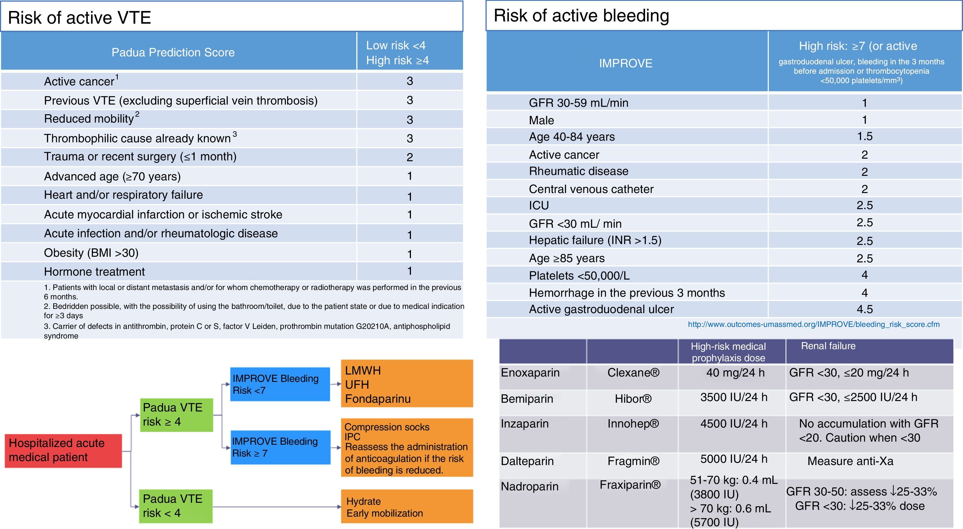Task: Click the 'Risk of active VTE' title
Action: (79, 17)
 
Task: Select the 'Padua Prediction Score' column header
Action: (173, 52)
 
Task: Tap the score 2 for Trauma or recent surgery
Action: (410, 157)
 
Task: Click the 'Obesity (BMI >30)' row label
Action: (91, 253)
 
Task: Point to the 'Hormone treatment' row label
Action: (94, 272)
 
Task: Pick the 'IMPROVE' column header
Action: (626, 63)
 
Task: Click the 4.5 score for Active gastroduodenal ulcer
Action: (865, 309)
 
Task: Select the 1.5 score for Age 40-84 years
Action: (865, 136)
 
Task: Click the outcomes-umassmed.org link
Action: (814, 324)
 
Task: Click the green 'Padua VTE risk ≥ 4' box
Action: (176, 415)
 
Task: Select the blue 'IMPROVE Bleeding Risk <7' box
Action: (280, 384)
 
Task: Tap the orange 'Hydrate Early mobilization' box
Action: (407, 506)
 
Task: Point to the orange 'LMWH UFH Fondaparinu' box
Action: (407, 384)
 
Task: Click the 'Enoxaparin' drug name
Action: (530, 373)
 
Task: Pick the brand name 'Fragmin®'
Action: (633, 461)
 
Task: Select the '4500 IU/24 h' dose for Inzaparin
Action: (734, 424)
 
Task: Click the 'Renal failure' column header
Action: (828, 346)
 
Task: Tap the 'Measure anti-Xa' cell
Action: (850, 461)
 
